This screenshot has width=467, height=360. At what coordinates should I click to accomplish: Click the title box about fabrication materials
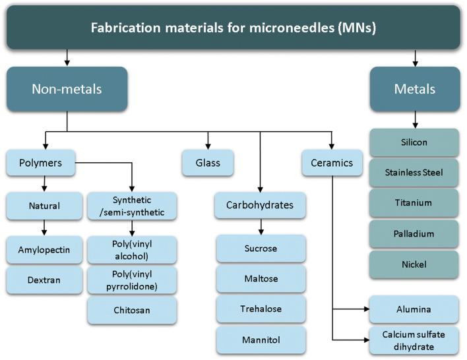[233, 28]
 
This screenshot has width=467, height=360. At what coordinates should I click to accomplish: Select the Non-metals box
[67, 88]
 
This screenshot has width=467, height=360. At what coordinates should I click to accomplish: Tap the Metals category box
[414, 88]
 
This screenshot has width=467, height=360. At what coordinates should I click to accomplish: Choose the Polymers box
[40, 162]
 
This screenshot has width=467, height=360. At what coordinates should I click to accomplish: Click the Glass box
[208, 162]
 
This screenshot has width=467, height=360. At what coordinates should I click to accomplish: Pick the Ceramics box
[332, 162]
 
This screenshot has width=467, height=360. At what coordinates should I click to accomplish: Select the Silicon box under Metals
[414, 142]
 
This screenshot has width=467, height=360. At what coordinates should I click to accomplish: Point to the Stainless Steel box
[414, 173]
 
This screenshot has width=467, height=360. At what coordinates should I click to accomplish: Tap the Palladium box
[414, 233]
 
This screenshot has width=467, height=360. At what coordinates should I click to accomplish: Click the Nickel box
[414, 264]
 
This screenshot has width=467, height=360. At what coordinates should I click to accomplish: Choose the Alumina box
[414, 309]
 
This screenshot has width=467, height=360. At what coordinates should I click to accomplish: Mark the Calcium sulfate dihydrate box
[414, 340]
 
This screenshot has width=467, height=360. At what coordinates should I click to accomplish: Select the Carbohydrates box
[261, 205]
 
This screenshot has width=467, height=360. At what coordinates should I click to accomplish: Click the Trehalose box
[261, 309]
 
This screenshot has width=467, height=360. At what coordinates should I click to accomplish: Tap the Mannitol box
[261, 340]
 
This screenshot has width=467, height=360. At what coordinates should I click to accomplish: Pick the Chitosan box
[132, 310]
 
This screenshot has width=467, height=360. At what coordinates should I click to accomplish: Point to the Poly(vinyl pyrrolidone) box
[132, 280]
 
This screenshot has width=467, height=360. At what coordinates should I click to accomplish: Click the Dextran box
[44, 280]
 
